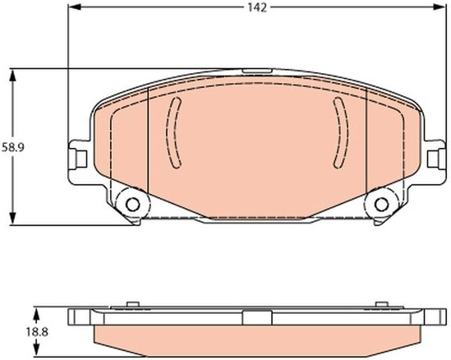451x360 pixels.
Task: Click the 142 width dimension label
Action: click(x=257, y=7)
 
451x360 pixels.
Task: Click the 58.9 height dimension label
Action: click(x=13, y=147)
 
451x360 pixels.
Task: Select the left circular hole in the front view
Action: click(x=132, y=205)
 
